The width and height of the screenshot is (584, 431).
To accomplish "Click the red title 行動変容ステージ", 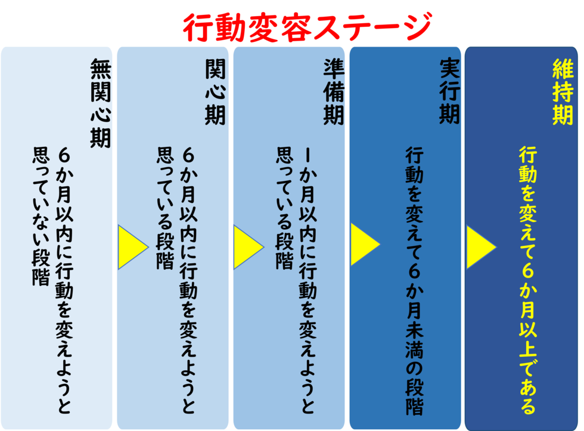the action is (x=307, y=27).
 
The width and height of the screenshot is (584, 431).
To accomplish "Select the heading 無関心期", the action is (x=101, y=103).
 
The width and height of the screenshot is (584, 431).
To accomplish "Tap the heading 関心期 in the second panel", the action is (x=215, y=92).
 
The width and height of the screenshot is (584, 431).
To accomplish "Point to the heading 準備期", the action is (x=333, y=92).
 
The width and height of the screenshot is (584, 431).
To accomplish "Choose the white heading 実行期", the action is (x=449, y=92).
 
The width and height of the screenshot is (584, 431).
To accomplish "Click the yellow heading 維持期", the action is (x=563, y=92).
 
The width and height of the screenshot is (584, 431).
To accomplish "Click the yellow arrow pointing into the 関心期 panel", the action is (x=133, y=247).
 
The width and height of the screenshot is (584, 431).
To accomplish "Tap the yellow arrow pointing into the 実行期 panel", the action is (x=365, y=244).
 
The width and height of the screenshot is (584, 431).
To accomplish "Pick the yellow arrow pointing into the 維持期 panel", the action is (x=482, y=247).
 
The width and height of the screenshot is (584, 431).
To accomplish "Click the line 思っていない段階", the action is (x=41, y=217).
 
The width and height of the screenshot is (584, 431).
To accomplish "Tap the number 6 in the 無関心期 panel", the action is (x=64, y=155).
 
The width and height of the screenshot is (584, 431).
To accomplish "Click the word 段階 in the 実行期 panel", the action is (x=414, y=398).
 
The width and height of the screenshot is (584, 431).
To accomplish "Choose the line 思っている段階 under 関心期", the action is (x=165, y=208).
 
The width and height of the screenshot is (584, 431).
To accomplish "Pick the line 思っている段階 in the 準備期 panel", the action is (x=284, y=208).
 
